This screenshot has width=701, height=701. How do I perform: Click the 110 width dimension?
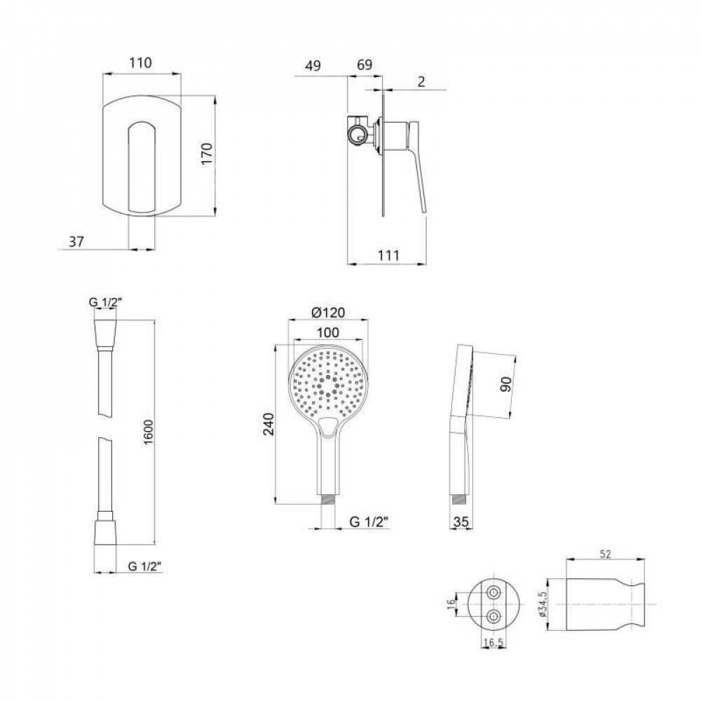tap(141, 62)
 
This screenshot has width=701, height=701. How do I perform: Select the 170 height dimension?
tap(207, 154)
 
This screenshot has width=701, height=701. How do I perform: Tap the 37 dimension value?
tap(76, 242)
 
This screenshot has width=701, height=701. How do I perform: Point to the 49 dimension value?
tap(313, 66)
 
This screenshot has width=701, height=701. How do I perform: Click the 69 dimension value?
tap(365, 65)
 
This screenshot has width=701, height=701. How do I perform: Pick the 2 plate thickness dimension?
tap(421, 81)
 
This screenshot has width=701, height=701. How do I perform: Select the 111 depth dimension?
tap(388, 256)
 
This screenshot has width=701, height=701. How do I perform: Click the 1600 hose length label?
tap(149, 432)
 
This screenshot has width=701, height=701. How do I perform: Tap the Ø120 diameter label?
tap(328, 313)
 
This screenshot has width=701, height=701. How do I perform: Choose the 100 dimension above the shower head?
tap(327, 333)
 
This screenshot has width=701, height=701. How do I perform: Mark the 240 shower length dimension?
tap(268, 424)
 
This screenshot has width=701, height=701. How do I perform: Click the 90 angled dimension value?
tap(505, 384)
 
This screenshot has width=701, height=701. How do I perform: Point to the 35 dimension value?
tap(461, 522)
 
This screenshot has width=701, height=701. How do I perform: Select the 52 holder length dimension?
tap(605, 554)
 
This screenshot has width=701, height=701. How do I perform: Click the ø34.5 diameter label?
tap(543, 604)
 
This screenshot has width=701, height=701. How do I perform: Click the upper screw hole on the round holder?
tap(494, 593)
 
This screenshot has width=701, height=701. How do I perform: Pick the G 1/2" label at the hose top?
tap(106, 303)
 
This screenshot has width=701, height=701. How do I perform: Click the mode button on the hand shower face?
tap(329, 426)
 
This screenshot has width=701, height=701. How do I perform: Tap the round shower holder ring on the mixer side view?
tap(358, 134)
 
